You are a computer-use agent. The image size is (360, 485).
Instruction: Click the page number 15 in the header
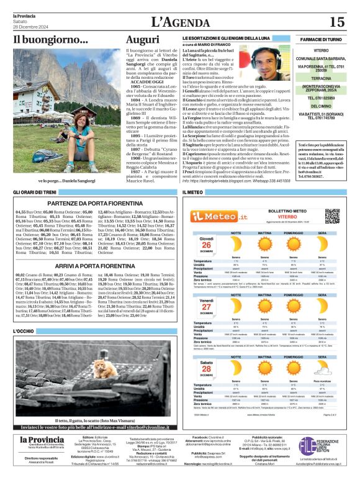337,22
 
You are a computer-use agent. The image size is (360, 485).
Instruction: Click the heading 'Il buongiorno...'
52,40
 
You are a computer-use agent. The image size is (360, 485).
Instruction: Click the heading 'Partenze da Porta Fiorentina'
94,203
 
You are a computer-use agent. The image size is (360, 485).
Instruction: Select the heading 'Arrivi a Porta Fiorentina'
94,265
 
